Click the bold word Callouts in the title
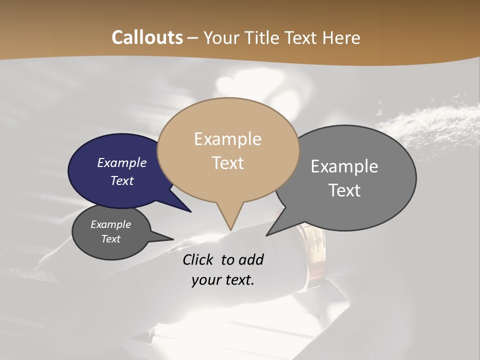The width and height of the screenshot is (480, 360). (147, 38)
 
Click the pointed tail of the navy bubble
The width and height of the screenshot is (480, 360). (190, 211)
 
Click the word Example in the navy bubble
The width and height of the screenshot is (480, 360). (122, 162)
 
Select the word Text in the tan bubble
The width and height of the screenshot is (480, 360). (228, 163)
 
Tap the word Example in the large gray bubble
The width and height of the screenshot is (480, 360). (344, 166)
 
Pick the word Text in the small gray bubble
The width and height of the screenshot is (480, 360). (111, 239)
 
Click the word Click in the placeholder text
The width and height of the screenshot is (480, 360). (198, 259)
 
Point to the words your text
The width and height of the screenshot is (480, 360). (223, 280)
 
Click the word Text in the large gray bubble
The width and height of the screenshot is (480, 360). (344, 190)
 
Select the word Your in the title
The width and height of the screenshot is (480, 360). (221, 38)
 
